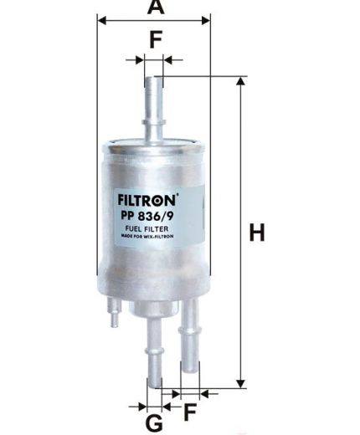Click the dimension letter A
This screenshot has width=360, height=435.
point(154,8)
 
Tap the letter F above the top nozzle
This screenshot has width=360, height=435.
point(154,39)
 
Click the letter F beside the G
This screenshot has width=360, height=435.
point(190,412)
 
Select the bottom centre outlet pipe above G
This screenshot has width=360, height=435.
point(154,351)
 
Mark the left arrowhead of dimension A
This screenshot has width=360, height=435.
point(101,20)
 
